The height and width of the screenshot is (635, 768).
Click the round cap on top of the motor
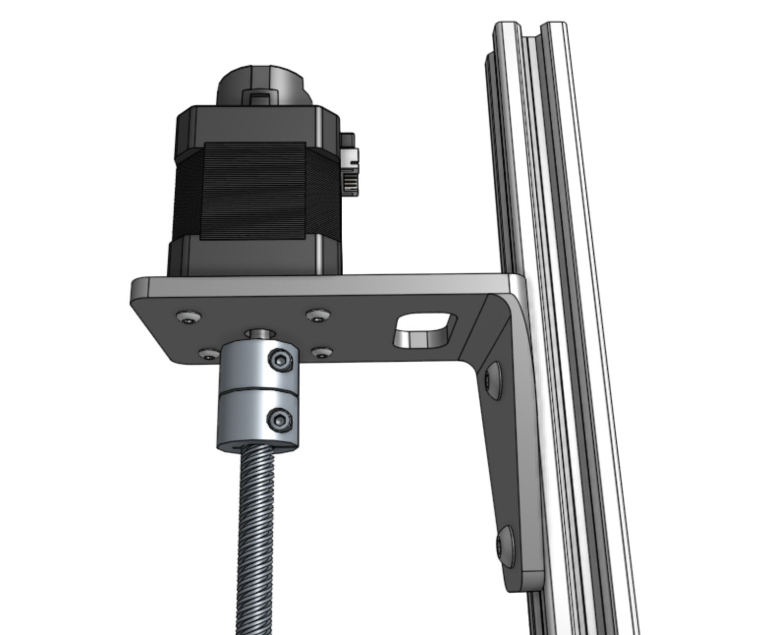pos(260,86)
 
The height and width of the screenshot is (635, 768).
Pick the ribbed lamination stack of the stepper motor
pos(255,192)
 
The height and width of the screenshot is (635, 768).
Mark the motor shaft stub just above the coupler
pos(261,335)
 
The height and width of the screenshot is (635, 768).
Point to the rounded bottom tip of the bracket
pos(525,582)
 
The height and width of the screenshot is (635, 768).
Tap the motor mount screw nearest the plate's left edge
pos(189,317)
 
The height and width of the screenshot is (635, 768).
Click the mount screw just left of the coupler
pos(209,353)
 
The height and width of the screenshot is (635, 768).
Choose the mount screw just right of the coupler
pos(322,352)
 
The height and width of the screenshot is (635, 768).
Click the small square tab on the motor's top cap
pos(260,97)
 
